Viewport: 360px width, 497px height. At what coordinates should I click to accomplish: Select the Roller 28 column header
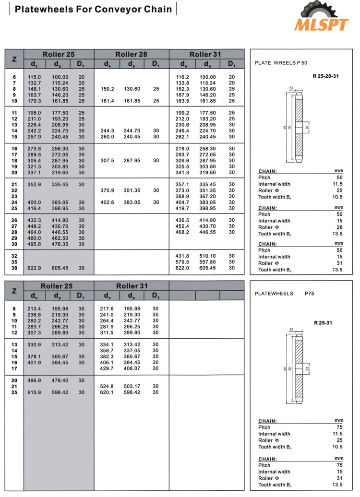click(131, 54)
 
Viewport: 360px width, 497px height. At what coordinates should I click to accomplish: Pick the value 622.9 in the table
click(34, 268)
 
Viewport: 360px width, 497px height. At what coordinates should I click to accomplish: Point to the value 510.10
click(207, 256)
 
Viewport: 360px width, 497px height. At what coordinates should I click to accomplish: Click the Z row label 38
click(14, 268)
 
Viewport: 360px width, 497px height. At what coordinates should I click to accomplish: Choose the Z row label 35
click(14, 262)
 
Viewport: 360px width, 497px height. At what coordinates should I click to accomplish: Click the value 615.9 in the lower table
click(34, 392)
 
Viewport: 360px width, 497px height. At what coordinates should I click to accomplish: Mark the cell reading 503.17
click(132, 386)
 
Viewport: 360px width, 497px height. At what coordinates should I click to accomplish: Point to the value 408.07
click(132, 368)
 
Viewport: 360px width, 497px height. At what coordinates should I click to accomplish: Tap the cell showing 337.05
click(132, 351)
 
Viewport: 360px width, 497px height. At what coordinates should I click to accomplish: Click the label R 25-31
click(323, 323)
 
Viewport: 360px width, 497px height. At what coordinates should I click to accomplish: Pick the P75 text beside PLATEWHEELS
click(312, 293)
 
